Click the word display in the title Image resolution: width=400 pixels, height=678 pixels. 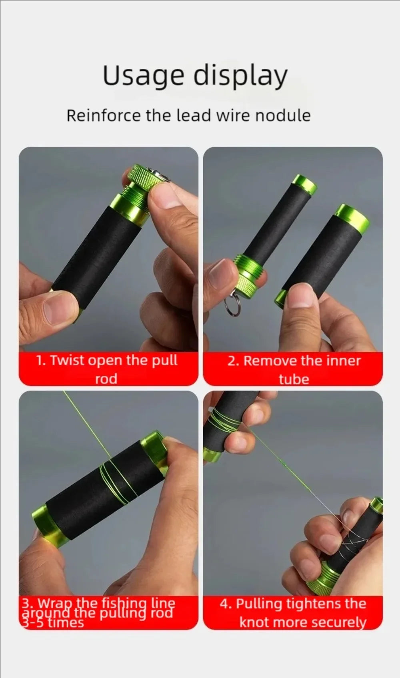coord(240,76)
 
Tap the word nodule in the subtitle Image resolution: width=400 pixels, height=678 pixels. coord(283,116)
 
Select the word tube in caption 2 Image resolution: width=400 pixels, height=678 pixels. coord(294,379)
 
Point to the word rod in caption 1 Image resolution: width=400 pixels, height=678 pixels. coord(106,379)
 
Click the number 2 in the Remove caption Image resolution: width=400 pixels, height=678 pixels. coord(232,361)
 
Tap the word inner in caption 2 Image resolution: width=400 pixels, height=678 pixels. coord(343,361)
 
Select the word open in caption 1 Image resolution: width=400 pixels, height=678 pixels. coord(105,361)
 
